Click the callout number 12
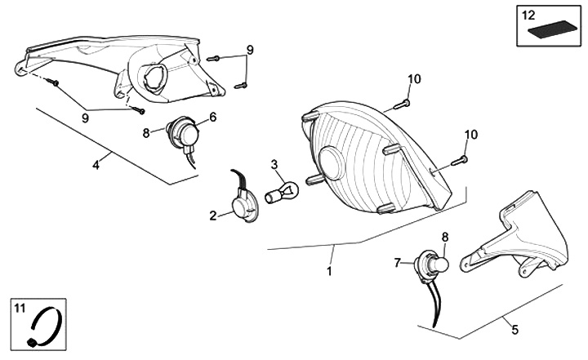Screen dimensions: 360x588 pos(528,14)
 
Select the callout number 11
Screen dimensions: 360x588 pos(20,307)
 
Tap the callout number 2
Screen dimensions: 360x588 pos(213,216)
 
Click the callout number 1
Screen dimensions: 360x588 pos(330,269)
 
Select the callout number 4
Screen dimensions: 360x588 pos(96,165)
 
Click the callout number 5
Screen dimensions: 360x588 pos(514,330)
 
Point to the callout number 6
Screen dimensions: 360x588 pos(212,117)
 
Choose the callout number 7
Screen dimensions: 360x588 pos(398,262)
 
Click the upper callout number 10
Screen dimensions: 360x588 pos(414,79)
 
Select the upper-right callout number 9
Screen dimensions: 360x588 pos(250,50)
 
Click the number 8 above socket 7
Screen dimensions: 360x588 pos(445,237)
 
